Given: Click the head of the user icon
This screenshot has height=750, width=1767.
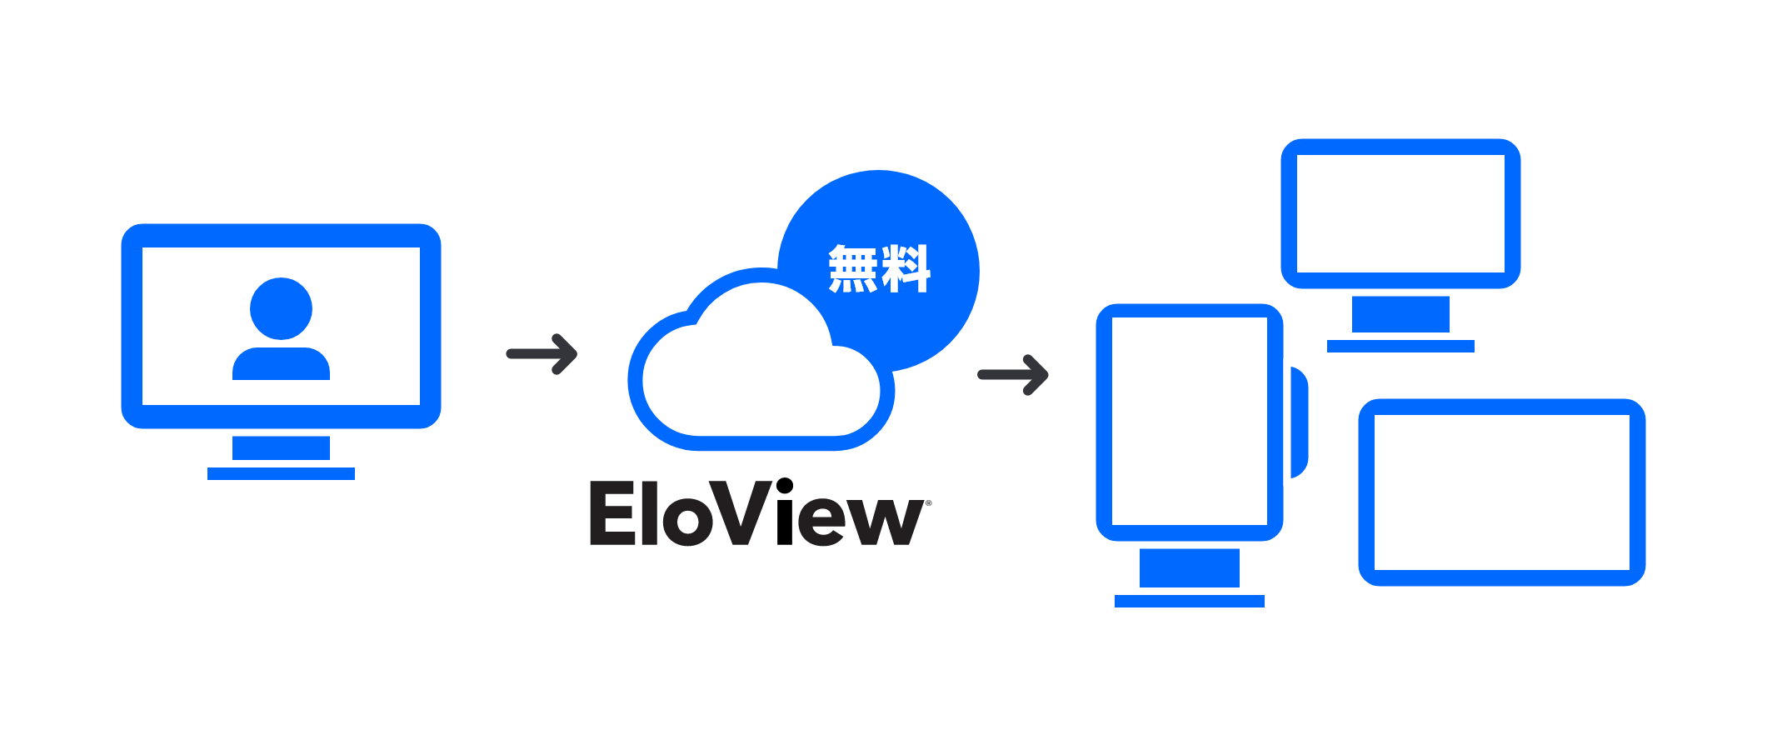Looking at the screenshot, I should point(281,308).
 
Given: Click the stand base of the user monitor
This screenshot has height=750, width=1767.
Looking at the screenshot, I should point(281,473).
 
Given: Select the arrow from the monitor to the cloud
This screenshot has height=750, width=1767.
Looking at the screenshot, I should point(542,354).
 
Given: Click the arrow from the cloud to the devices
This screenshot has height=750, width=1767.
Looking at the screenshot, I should point(1013,375).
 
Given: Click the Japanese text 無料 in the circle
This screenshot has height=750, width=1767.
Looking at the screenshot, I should point(879,268).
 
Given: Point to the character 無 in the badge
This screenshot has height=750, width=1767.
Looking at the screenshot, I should point(853,268).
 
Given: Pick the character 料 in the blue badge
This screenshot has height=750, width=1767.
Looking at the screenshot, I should point(906,268).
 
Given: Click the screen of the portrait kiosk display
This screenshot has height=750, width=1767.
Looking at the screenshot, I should point(1189,421).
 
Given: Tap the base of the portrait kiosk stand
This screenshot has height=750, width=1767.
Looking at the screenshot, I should point(1189,601).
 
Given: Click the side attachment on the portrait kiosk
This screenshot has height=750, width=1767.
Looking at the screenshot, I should point(1300,422).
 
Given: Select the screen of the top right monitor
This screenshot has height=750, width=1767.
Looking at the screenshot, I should point(1400,213).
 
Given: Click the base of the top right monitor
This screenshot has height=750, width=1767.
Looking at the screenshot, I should point(1400,346).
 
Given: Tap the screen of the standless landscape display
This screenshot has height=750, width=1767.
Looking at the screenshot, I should point(1501,492).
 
